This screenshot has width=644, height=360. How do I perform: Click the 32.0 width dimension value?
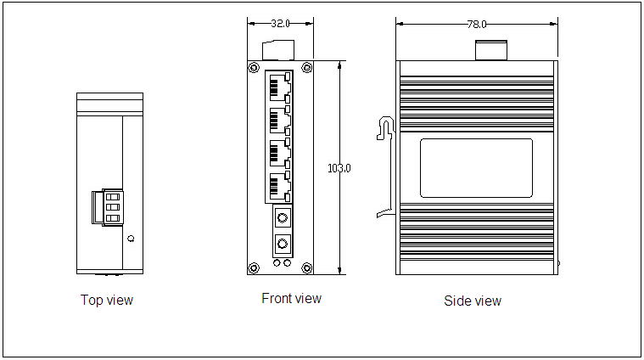[x=280, y=24]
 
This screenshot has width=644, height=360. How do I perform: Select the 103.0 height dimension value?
[x=339, y=168]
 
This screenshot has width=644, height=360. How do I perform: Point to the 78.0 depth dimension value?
[x=477, y=25]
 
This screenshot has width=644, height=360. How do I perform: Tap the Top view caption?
[x=107, y=300]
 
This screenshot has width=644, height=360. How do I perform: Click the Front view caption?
[x=292, y=298]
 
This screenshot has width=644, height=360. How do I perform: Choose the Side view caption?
[x=473, y=301]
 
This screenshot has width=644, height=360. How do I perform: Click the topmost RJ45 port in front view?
[x=280, y=87]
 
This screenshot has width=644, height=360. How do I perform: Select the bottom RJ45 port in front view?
[x=280, y=187]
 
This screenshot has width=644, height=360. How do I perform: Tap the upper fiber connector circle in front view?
[x=283, y=217]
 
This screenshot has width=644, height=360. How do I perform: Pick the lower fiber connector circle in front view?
[x=283, y=245]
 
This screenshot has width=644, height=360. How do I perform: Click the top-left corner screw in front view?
[x=255, y=67]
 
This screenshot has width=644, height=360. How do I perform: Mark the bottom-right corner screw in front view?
[x=307, y=268]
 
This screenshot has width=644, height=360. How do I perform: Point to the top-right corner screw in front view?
[x=307, y=67]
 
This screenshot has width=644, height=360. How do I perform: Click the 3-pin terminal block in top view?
[x=108, y=207]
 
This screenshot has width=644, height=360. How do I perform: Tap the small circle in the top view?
[x=131, y=239]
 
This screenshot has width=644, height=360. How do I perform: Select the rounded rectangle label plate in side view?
[x=477, y=168]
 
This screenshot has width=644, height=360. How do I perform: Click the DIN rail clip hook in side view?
[x=386, y=128]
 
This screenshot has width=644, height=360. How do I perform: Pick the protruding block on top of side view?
[x=491, y=51]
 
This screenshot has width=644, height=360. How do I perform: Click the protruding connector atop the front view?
[x=278, y=51]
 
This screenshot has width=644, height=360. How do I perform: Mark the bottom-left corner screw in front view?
[x=255, y=268]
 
